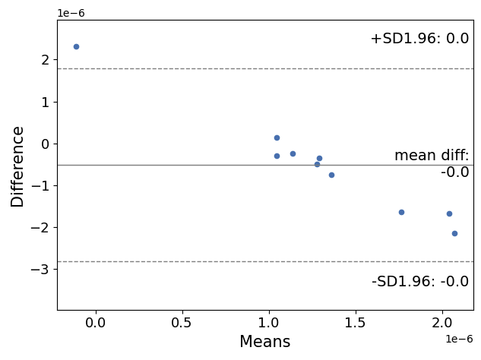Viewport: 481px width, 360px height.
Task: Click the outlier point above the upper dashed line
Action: click(x=76, y=46)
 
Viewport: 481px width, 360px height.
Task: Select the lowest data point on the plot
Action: click(x=454, y=233)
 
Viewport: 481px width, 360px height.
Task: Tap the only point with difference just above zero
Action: click(x=277, y=137)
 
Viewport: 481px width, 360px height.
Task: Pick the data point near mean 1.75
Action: click(x=401, y=212)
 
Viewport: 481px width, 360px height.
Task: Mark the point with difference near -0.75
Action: click(x=331, y=175)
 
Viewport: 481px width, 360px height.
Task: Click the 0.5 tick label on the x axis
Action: click(x=182, y=323)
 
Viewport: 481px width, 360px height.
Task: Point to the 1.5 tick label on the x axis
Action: click(x=356, y=323)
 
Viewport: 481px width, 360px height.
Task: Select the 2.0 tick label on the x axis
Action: click(x=442, y=323)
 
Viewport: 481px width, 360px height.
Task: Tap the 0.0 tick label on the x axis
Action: click(x=95, y=323)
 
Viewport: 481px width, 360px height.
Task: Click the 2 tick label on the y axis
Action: click(x=45, y=60)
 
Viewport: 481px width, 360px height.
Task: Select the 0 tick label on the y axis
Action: click(x=45, y=144)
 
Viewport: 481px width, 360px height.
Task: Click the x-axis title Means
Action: click(x=264, y=343)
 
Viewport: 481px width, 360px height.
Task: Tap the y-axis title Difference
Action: click(x=17, y=166)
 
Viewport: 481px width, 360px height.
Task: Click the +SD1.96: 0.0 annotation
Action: click(x=419, y=39)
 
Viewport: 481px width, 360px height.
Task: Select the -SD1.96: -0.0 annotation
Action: click(x=420, y=282)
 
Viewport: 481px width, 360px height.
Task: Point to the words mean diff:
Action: click(x=432, y=156)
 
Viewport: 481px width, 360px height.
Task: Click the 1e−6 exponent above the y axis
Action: click(x=71, y=13)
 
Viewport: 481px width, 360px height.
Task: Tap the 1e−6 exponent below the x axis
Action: click(x=459, y=339)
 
